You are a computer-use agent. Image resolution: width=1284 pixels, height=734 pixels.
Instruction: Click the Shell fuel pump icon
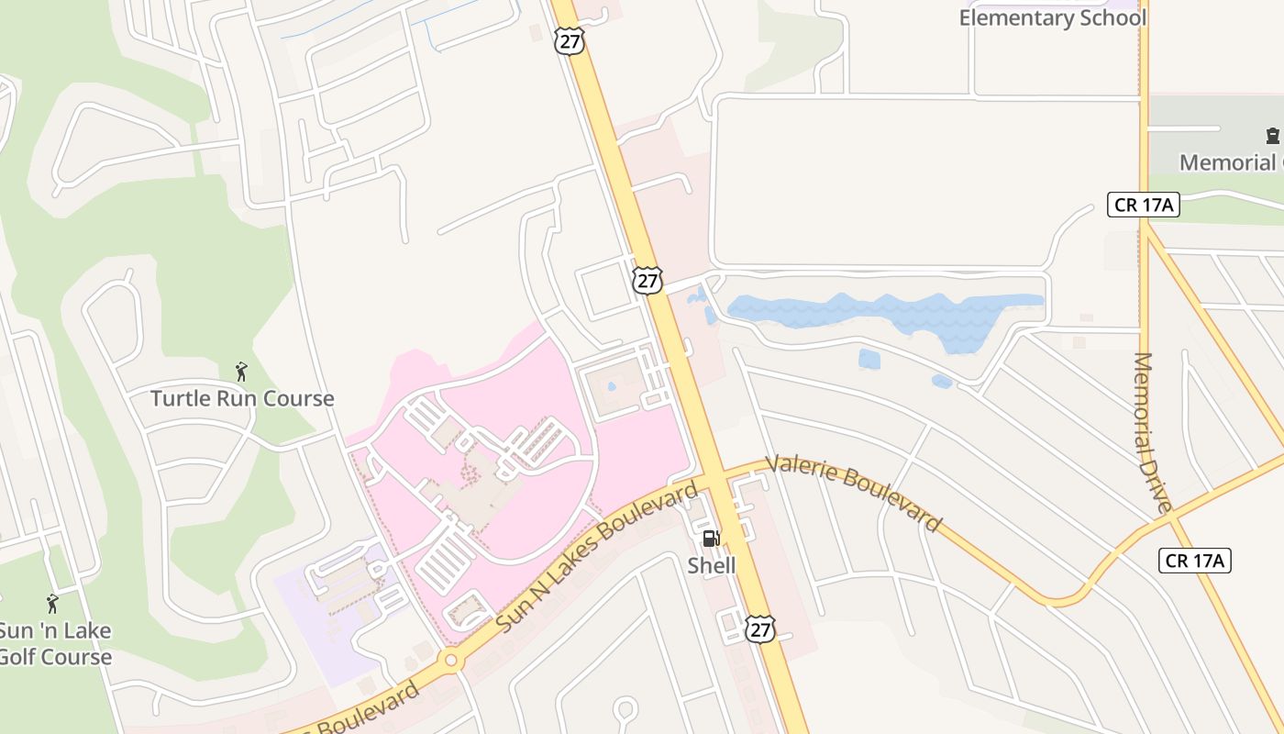coord(711,539)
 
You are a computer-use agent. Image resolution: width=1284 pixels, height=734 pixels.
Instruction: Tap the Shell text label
coord(712,565)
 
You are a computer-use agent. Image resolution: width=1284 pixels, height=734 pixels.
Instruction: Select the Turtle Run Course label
coord(242,398)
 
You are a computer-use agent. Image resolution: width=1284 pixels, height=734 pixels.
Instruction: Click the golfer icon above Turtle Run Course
coord(241,372)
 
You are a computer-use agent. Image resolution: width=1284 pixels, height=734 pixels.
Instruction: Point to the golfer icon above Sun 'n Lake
coord(52,604)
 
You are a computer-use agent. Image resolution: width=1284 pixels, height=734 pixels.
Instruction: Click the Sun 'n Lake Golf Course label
coord(55,643)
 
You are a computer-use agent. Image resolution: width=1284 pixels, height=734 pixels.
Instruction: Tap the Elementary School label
coord(1052,17)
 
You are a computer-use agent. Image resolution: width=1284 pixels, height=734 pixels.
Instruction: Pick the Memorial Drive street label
coord(1152,432)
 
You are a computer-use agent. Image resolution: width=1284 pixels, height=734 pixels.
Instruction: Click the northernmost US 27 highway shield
coord(570,41)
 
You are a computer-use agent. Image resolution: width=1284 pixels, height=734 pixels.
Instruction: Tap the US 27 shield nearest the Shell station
coord(759,628)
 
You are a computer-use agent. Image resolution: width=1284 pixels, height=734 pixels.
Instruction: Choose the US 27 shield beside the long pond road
coord(648,280)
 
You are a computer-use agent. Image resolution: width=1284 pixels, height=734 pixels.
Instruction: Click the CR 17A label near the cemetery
coord(1143,205)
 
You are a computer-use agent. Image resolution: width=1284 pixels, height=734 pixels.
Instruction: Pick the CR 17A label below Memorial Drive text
coord(1194,560)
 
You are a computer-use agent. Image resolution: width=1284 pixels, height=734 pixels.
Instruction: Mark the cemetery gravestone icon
coord(1272,136)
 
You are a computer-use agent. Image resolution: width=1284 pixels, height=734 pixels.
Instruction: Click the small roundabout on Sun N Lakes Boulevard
coord(450,660)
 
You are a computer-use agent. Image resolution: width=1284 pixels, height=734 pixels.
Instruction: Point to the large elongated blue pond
coord(885,312)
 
